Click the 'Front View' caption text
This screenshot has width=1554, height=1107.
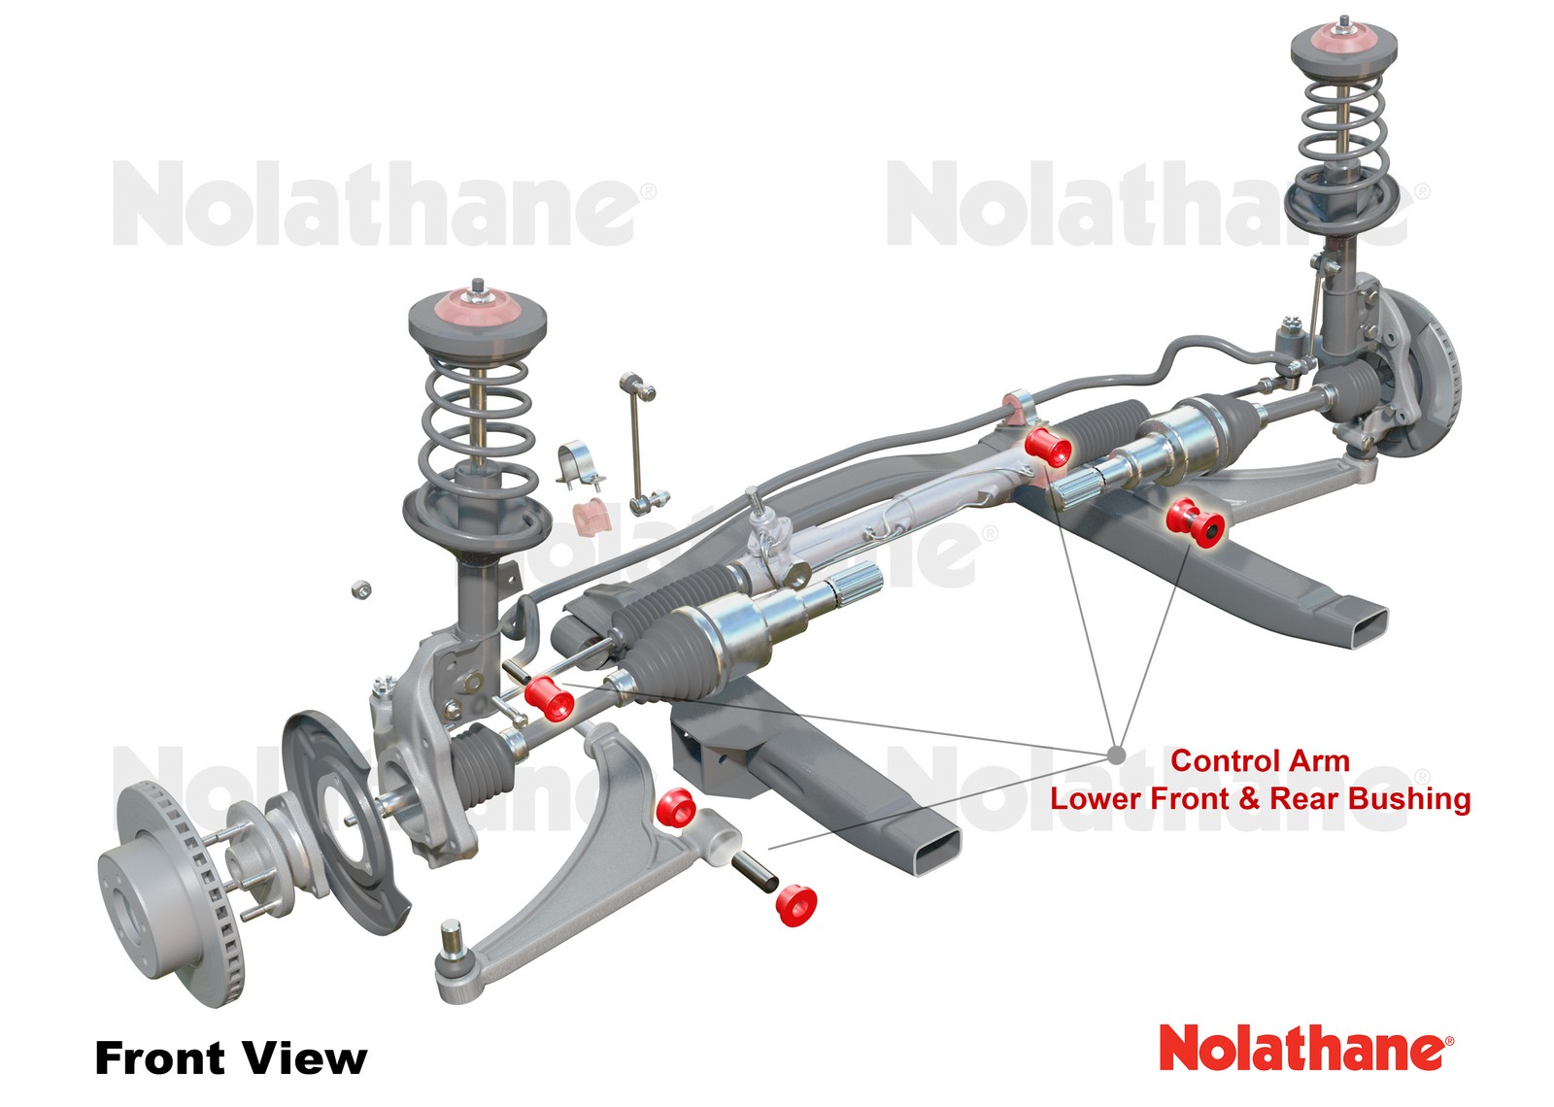point(230,1057)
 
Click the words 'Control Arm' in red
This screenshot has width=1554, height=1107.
point(1260,760)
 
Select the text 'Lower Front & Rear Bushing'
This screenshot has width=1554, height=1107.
point(1260,799)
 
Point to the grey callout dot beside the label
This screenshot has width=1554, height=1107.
point(1116,755)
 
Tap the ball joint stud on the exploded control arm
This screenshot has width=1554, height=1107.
point(451,940)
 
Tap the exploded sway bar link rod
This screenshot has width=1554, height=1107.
point(638,442)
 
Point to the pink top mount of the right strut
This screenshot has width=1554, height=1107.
point(1343,44)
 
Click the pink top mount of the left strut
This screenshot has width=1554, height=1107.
point(476,307)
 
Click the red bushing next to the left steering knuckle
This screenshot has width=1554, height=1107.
point(549,698)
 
